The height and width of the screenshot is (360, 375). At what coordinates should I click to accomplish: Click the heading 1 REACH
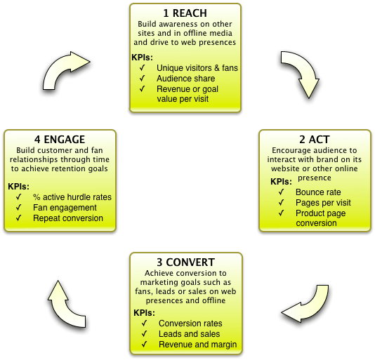(185, 13)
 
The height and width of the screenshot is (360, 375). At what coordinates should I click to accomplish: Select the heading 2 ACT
(315, 140)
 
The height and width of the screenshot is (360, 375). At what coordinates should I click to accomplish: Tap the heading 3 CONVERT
(185, 262)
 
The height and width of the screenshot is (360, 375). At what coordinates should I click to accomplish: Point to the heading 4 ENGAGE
(60, 140)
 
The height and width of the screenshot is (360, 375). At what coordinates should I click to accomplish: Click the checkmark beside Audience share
(143, 78)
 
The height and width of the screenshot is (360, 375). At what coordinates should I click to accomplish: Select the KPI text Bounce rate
(318, 192)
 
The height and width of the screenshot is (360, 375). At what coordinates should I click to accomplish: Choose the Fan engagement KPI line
(65, 208)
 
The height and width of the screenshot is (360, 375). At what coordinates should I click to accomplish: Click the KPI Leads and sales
(189, 334)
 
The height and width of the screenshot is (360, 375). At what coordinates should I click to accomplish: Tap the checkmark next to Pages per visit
(281, 203)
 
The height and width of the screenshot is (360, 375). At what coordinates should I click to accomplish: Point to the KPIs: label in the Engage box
(18, 187)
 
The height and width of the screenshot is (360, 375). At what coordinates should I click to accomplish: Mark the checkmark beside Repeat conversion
(19, 218)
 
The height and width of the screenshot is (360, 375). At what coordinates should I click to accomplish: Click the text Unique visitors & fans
(197, 68)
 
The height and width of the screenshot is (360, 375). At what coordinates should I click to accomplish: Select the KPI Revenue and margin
(198, 345)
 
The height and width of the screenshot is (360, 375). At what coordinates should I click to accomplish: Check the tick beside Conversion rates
(144, 324)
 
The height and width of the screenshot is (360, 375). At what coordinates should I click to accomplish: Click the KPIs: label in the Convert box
(144, 313)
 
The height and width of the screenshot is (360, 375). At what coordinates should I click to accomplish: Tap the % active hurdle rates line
(72, 197)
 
